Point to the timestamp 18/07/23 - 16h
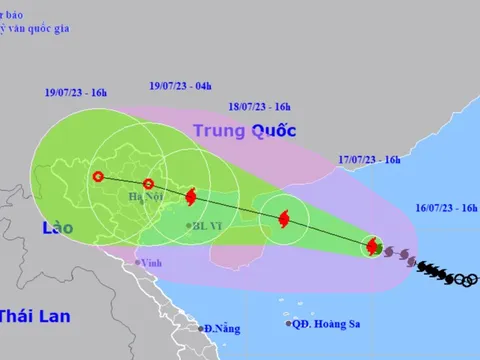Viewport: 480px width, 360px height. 261,105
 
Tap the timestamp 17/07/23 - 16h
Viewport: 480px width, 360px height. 368,159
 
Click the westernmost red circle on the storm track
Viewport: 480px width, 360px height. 97,178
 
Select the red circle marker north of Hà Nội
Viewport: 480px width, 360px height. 148,183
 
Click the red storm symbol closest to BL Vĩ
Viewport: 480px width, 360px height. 191,197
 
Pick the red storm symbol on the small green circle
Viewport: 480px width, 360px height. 373,246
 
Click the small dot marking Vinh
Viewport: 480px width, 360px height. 139,262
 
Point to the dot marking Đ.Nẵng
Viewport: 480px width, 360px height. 200,327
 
